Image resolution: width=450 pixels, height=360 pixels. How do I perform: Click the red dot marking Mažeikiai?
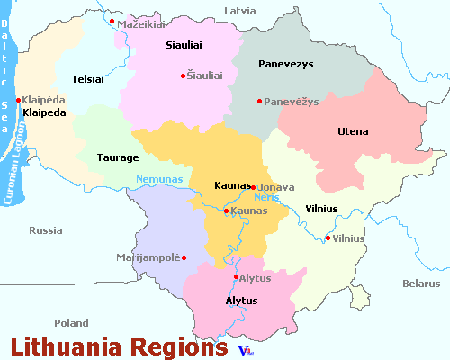pyautogui.click(x=112, y=22)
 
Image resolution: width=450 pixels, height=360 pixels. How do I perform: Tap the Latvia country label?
pyautogui.click(x=239, y=10)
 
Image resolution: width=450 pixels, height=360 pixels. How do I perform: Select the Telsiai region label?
pyautogui.click(x=89, y=78)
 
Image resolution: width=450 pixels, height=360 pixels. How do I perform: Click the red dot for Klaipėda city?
pyautogui.click(x=18, y=100)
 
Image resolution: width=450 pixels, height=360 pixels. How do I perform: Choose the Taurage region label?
pyautogui.click(x=119, y=157)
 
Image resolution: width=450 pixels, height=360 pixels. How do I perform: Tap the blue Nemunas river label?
pyautogui.click(x=159, y=179)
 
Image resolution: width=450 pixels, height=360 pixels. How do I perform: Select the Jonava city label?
pyautogui.click(x=276, y=186)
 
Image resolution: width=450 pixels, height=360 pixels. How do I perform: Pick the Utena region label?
pyautogui.click(x=353, y=131)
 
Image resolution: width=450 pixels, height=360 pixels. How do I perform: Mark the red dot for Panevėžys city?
pyautogui.click(x=259, y=101)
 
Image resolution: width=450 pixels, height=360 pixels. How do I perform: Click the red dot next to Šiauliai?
pyautogui.click(x=183, y=76)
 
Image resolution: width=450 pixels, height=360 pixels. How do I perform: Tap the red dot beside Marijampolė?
pyautogui.click(x=184, y=258)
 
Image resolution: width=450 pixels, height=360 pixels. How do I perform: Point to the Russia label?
pyautogui.click(x=45, y=229)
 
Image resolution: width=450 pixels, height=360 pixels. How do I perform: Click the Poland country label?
pyautogui.click(x=71, y=322)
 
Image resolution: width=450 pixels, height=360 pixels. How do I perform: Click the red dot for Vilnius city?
pyautogui.click(x=327, y=238)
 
